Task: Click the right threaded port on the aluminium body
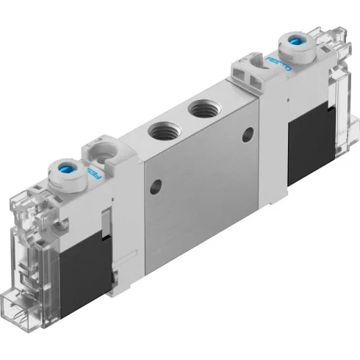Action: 200,112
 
